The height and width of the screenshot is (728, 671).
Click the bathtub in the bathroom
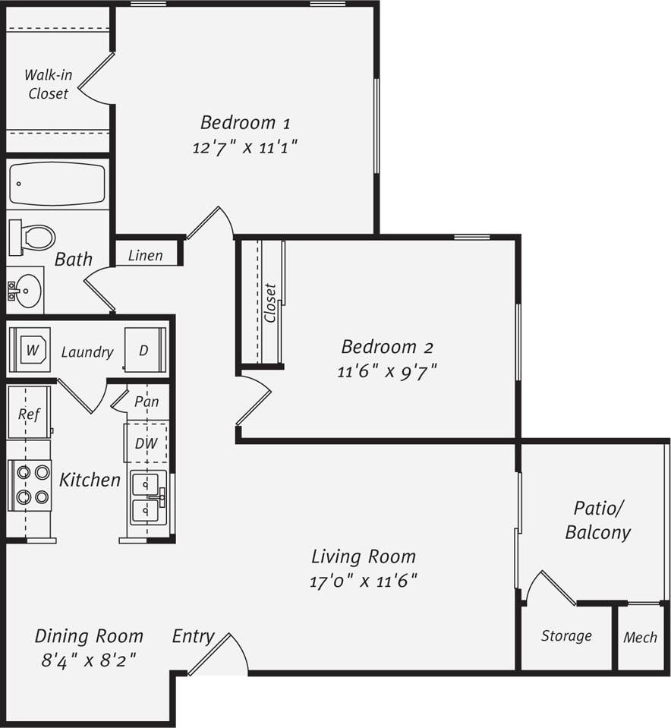[56, 184]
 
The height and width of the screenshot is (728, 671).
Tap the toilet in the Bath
[33, 237]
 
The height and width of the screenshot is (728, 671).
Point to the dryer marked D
[144, 350]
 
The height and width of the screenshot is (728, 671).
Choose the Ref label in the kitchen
[29, 414]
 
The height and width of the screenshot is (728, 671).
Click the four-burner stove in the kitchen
[30, 485]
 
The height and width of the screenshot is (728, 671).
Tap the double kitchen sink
[149, 497]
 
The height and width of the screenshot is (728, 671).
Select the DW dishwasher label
[146, 443]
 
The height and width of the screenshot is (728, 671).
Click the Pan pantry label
[146, 401]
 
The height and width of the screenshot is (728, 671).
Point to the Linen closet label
[145, 255]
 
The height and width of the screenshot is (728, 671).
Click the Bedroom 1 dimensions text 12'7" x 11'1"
[244, 147]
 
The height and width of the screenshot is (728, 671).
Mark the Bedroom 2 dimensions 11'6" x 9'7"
[387, 371]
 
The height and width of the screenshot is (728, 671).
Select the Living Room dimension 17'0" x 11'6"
[364, 581]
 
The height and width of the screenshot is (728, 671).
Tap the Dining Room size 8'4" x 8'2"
[89, 660]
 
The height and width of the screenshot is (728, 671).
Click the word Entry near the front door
[193, 636]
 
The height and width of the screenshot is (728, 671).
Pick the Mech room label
[640, 638]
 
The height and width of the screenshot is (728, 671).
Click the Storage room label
[566, 636]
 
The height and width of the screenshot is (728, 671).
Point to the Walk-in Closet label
[48, 84]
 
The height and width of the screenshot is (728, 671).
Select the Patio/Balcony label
[598, 520]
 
